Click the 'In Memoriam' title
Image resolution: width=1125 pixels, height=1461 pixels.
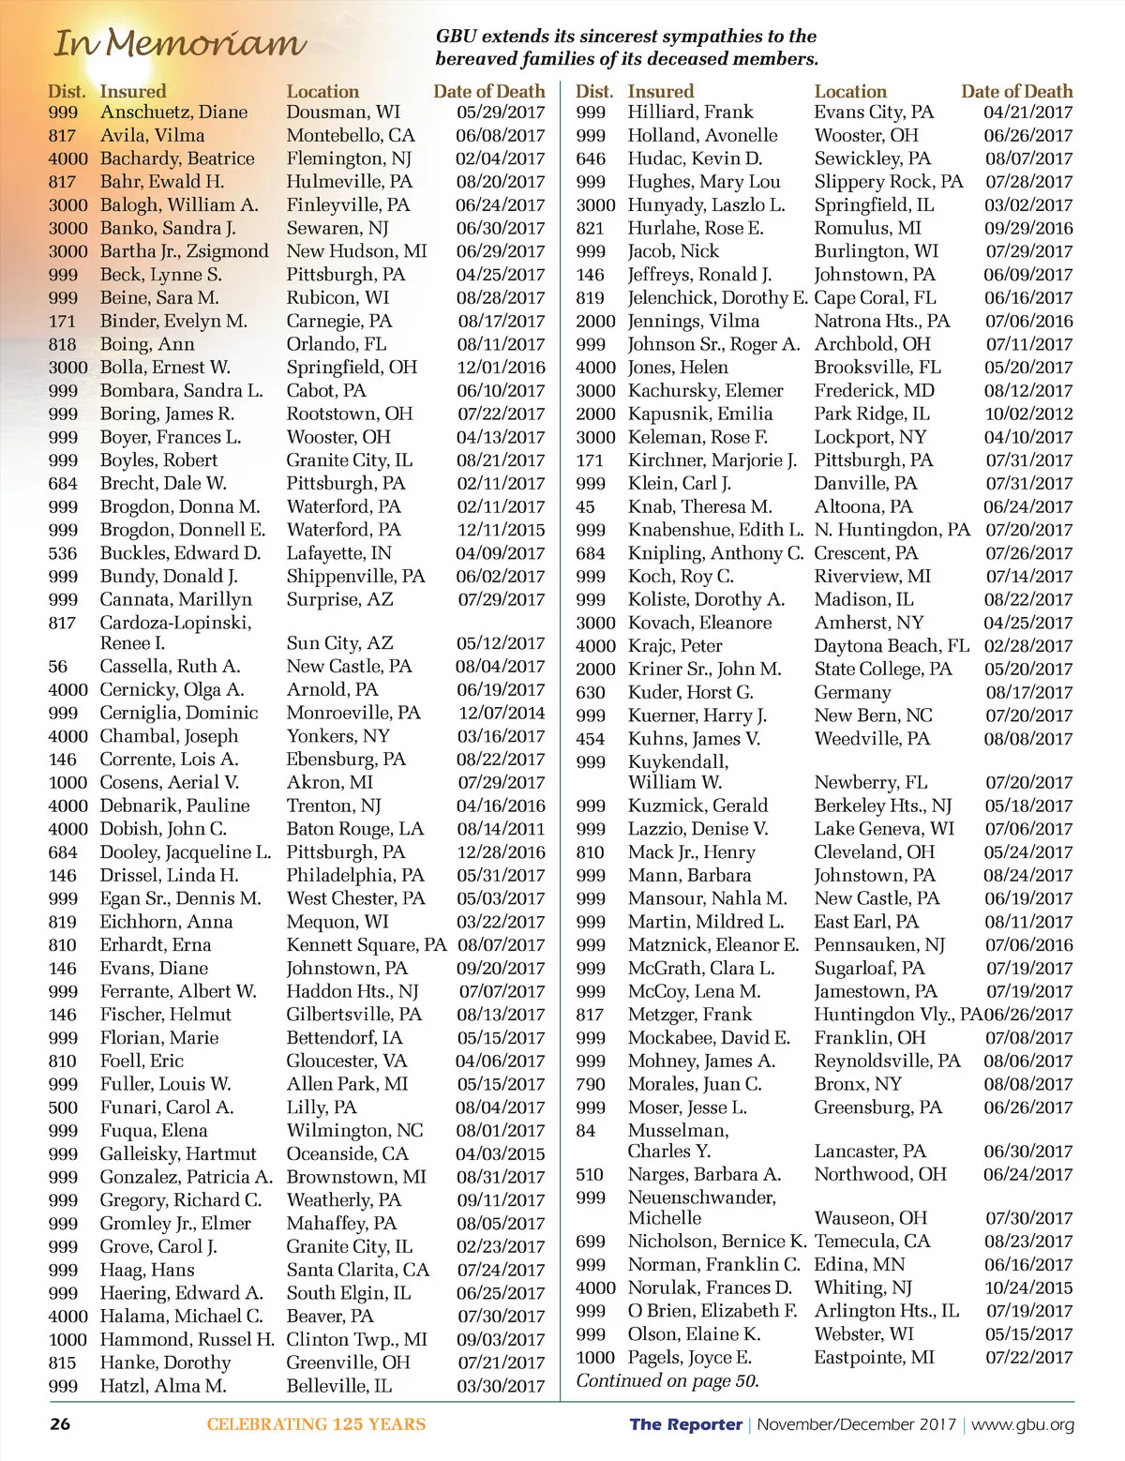pos(179,43)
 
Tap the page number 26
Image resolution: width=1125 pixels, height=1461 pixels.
pos(60,1423)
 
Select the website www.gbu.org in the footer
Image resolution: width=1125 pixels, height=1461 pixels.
pos(1023,1424)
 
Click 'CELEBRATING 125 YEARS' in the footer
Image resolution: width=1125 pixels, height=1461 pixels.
pos(316,1424)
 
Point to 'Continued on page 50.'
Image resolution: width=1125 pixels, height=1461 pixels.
pos(667,1380)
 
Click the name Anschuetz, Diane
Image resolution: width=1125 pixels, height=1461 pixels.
pos(173,113)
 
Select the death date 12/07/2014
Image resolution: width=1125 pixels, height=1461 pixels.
pos(501,713)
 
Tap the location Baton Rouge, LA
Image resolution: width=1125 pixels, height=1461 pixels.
pos(354,829)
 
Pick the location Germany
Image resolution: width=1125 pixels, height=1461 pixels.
pos(852,692)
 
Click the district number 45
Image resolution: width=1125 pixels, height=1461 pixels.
pos(585,506)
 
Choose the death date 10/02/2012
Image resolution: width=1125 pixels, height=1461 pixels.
pos(1027,414)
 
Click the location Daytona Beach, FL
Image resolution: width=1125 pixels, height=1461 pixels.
pos(891,646)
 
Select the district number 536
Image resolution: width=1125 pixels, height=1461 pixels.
pos(63,553)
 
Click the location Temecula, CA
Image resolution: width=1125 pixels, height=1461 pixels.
pos(872,1241)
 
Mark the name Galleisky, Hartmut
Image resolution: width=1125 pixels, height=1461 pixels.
pos(177,1153)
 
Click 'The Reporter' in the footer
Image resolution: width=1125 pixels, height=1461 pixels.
pos(685,1424)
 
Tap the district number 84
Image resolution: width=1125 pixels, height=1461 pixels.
pos(585,1130)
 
